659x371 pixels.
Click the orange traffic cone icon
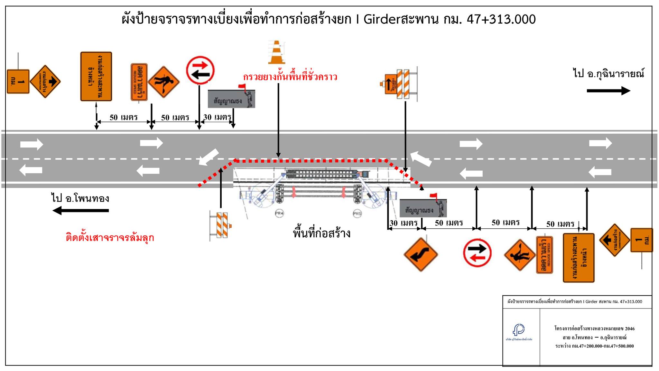[276, 52]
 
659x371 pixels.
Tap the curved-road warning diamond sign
[421, 254]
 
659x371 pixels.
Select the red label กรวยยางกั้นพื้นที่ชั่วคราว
[290, 77]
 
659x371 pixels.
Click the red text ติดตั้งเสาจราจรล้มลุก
[110, 238]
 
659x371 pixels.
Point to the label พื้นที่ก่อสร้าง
[321, 233]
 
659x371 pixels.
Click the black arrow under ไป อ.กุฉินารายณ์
[608, 91]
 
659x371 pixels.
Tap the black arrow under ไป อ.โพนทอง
[80, 211]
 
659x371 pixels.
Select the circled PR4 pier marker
[279, 213]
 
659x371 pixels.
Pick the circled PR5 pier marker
[357, 214]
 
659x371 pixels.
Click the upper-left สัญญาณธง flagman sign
[231, 99]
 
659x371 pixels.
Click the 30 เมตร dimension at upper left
[217, 117]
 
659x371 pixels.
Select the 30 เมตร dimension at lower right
[404, 223]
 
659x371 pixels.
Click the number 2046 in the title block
[630, 328]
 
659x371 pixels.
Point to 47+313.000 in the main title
[501, 19]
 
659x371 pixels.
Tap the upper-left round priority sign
[200, 71]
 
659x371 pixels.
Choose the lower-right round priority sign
[477, 253]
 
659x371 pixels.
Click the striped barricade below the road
[220, 224]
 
